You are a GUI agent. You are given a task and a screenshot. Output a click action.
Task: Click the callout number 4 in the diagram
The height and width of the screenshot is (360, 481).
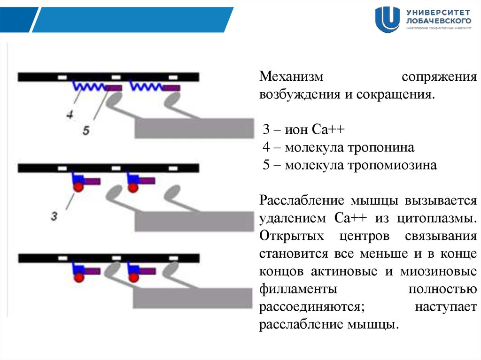tap(70, 114)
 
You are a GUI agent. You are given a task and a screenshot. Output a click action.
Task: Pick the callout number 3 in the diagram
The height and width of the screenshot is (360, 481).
tap(54, 216)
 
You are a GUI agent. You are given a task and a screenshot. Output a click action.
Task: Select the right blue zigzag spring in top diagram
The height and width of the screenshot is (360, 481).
tap(147, 86)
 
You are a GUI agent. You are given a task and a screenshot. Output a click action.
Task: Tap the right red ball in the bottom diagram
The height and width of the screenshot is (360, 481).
tap(134, 277)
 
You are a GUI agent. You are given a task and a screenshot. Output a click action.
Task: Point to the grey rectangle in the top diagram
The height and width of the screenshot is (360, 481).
tap(194, 128)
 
